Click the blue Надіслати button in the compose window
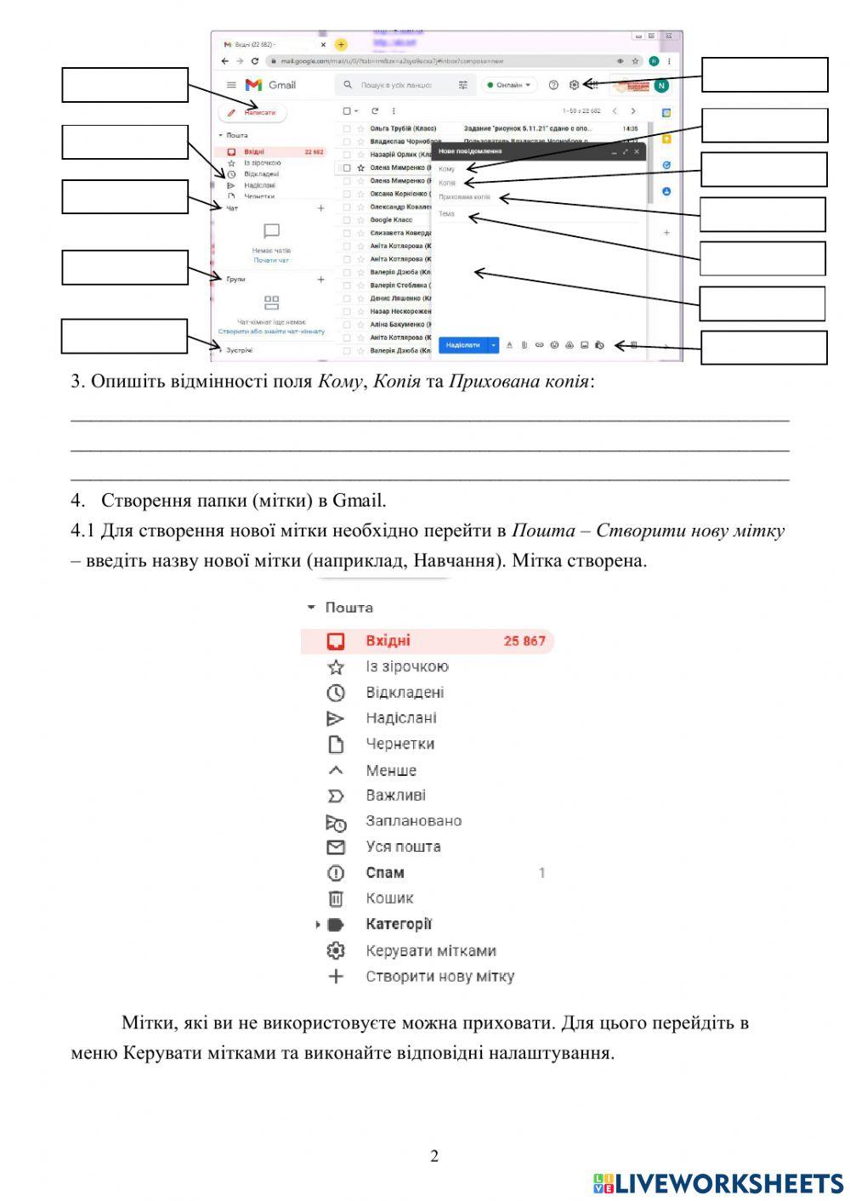point(462,345)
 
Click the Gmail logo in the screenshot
point(270,85)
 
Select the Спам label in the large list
point(385,873)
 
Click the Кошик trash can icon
point(336,898)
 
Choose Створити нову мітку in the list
point(439,977)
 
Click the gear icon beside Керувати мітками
point(336,951)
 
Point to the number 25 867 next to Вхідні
point(524,641)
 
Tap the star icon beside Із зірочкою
point(336,667)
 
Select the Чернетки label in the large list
point(399,744)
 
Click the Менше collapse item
point(391,771)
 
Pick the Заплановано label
point(413,821)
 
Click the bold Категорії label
point(399,924)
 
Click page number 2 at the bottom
point(434,1156)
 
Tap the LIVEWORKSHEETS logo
point(718,1183)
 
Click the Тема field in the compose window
point(448,214)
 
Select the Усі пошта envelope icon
point(336,847)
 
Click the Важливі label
point(395,796)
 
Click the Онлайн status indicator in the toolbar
point(509,85)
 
